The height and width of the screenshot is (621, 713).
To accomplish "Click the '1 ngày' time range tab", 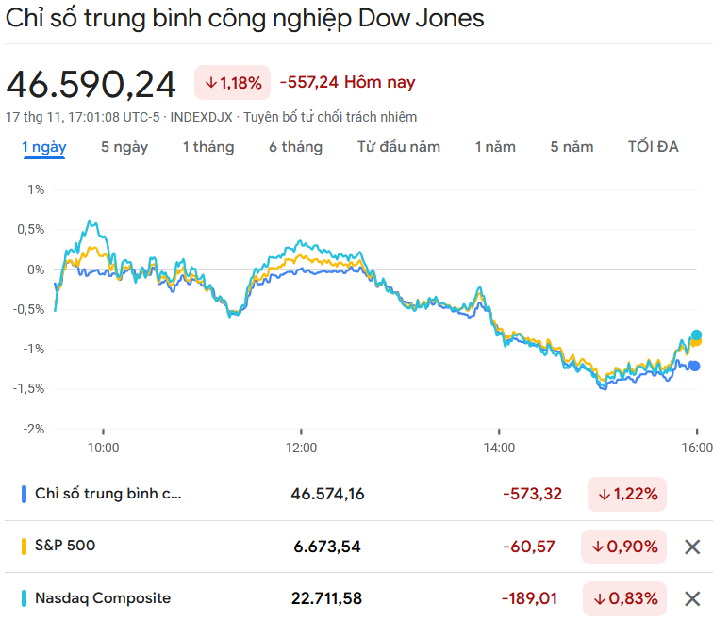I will click(x=43, y=147).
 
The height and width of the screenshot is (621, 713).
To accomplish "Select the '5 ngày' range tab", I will click(x=124, y=147).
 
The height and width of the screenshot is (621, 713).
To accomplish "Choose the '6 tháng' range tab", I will click(x=295, y=147).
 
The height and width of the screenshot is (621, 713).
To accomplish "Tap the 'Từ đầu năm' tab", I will click(x=399, y=147).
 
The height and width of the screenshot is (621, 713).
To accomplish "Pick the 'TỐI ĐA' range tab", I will click(x=654, y=147).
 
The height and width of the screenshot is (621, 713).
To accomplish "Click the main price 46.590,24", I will click(x=91, y=84).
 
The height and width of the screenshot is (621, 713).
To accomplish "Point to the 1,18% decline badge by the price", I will click(x=233, y=83).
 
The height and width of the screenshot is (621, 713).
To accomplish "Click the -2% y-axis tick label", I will click(x=35, y=429).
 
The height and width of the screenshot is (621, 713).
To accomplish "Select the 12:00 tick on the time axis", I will click(x=302, y=448).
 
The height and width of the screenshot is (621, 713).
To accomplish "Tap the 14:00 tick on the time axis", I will click(x=499, y=448).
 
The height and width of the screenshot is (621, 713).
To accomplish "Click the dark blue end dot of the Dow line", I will click(x=695, y=367).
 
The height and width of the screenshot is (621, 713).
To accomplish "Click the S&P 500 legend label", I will click(x=65, y=546).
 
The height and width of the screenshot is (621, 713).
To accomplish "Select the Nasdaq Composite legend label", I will click(x=103, y=597).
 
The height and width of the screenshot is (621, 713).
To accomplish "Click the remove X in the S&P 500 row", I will click(x=692, y=547).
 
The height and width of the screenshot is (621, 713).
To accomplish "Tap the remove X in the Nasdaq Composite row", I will click(x=692, y=598).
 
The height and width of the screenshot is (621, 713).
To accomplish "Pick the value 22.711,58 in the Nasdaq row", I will click(x=326, y=598).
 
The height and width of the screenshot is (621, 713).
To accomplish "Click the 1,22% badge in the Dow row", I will click(x=626, y=494).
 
